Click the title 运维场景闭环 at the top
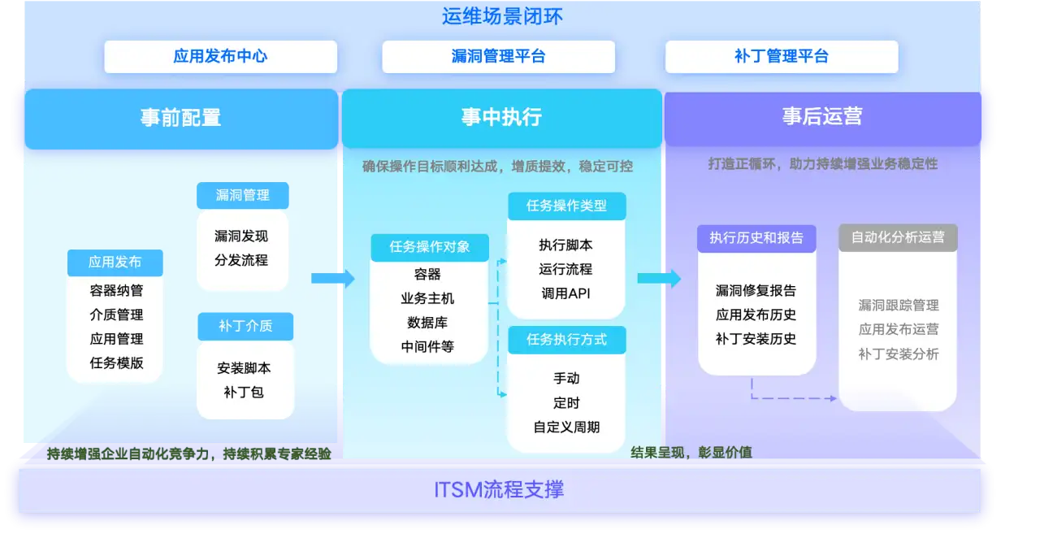502,16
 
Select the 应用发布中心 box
220,57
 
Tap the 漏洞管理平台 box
498,57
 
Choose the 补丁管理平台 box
781,57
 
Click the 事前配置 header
180,117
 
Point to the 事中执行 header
501,117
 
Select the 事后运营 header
822,117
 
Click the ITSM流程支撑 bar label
499,490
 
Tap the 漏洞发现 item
241,237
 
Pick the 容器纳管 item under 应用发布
116,290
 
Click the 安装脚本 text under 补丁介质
244,368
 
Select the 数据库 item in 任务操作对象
427,323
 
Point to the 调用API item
565,293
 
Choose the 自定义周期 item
566,427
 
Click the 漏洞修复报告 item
756,290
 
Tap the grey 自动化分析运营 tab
898,237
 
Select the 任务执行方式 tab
566,339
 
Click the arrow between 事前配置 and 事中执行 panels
332,279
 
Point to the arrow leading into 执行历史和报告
658,279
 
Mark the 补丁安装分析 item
899,354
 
